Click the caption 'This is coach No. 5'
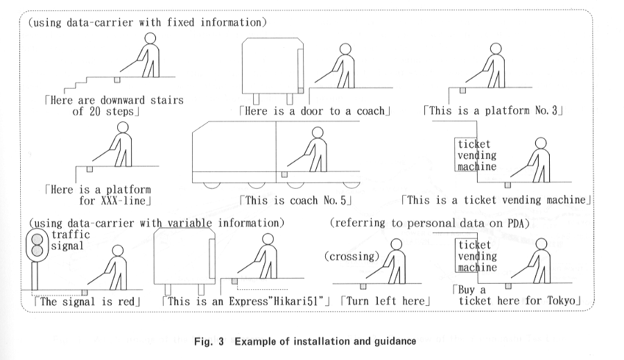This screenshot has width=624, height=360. click(x=297, y=200)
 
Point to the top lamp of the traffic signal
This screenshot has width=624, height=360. click(x=35, y=237)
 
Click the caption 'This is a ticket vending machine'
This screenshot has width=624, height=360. click(x=496, y=200)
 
